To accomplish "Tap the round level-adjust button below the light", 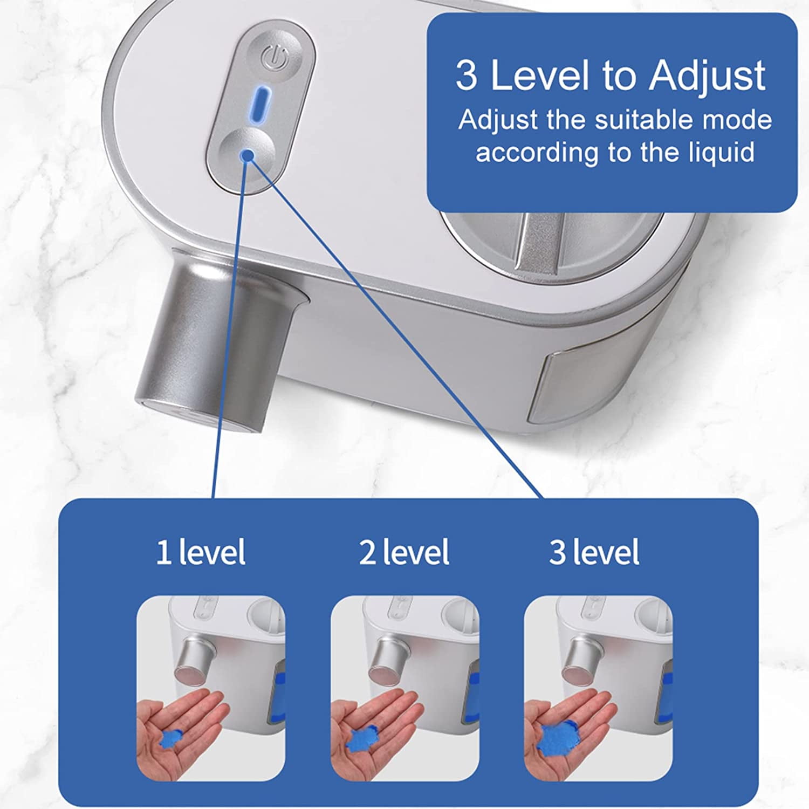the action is pos(246,153).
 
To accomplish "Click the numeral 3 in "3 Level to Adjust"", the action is pos(467,76).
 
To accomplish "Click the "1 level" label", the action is pos(201,552).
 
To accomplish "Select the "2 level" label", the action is pos(404,552).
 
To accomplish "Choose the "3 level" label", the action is pos(594,552).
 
